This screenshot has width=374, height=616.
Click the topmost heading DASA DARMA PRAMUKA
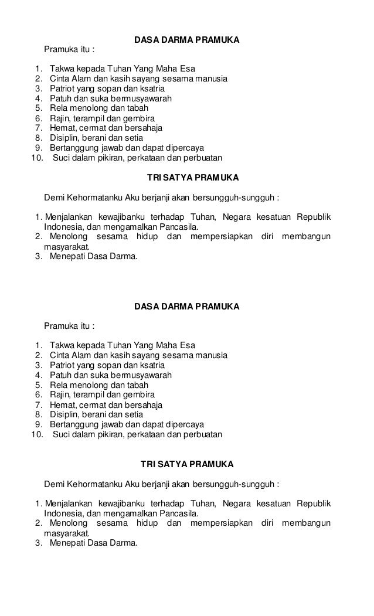click(186, 41)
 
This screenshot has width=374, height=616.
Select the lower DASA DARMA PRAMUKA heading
click(186, 307)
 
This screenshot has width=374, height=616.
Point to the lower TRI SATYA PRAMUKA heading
click(187, 464)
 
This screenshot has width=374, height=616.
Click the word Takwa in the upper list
click(62, 68)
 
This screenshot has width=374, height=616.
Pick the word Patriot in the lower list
click(63, 365)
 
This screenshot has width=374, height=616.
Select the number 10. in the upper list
click(37, 158)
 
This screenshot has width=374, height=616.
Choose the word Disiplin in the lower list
click(64, 415)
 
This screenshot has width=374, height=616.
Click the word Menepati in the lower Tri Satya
click(67, 543)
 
